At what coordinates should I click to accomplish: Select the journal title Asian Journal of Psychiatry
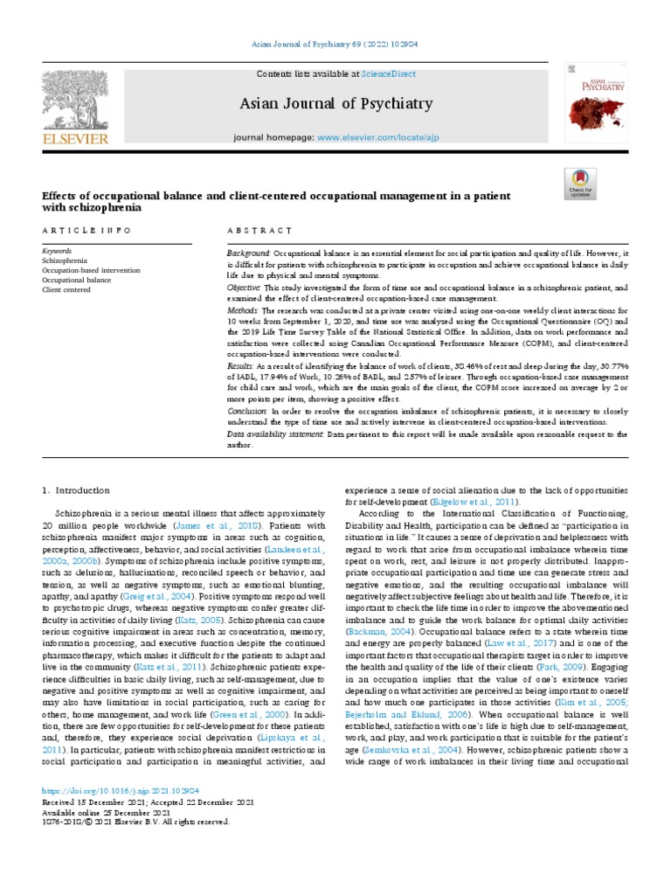point(336,104)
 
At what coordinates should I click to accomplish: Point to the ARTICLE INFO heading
point(86,230)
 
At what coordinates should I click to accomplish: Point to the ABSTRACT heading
point(259,230)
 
